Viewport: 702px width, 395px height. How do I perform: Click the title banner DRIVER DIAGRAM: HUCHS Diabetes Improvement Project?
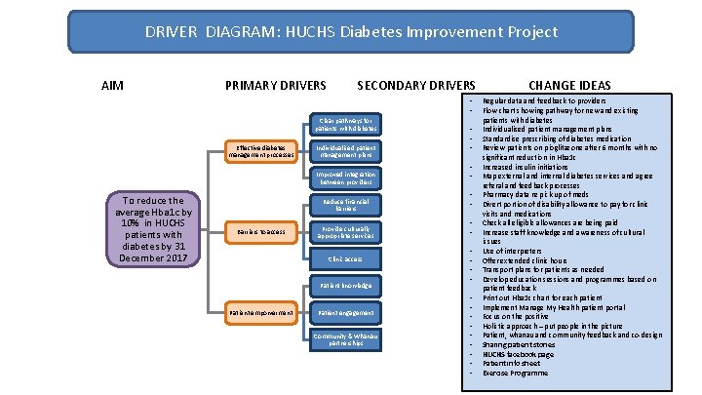click(x=351, y=32)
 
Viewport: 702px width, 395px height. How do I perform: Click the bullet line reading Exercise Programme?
click(x=517, y=373)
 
